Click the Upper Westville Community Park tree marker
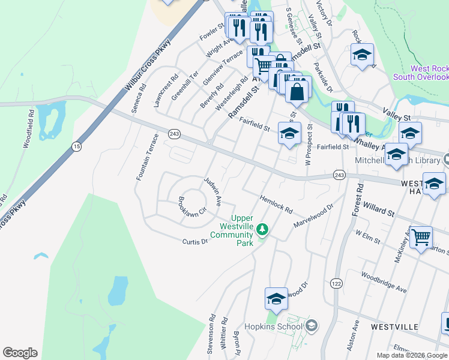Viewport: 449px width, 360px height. tap(262, 229)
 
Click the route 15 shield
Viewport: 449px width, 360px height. tap(76, 146)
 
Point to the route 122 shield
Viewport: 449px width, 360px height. tap(336, 282)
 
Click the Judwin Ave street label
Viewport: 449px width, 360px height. tap(213, 190)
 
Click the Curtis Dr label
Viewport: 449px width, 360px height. tap(195, 241)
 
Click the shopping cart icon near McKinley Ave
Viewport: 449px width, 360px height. tap(421, 236)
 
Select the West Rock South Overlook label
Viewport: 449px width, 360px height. tap(421, 73)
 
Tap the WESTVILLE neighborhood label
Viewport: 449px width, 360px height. tap(394, 326)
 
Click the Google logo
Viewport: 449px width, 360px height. tap(20, 353)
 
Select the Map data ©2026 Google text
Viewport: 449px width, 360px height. tap(412, 355)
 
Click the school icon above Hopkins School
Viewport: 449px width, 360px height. tap(276, 298)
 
